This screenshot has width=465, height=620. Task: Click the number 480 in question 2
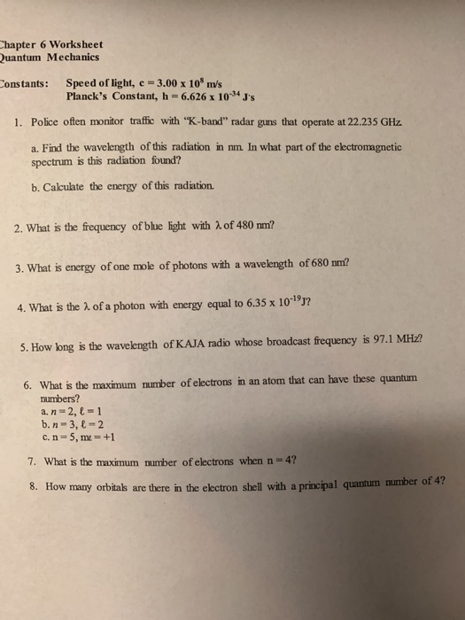pyautogui.click(x=237, y=223)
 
